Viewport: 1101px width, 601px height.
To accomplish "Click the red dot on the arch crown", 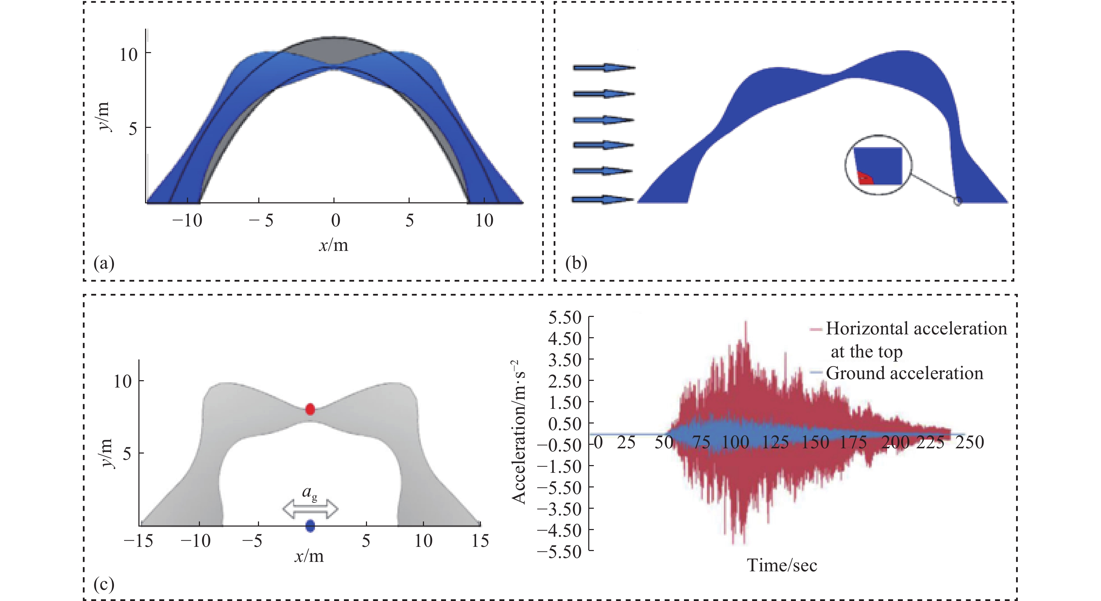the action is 310,409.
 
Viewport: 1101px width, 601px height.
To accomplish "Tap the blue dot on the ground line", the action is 310,526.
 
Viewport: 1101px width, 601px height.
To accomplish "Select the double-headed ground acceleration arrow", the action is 310,509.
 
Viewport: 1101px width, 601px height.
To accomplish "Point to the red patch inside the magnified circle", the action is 865,178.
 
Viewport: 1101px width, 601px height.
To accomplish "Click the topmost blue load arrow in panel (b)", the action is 604,67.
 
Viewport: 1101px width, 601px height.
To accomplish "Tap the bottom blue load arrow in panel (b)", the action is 603,200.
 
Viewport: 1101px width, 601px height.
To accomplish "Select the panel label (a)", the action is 104,263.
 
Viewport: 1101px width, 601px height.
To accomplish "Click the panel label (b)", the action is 576,263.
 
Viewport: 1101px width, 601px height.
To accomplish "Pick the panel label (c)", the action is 104,584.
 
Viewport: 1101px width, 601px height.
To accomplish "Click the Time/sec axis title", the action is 782,565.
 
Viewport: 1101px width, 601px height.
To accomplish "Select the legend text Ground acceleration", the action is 905,373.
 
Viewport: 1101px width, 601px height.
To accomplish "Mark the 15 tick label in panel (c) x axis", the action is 480,541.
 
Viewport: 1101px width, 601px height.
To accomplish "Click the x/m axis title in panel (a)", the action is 333,245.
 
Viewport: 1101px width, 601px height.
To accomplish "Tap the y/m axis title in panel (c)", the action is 107,453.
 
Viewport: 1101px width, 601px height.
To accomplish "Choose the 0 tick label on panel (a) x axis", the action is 336,220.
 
